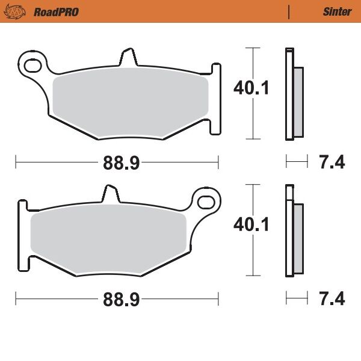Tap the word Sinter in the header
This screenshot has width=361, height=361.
point(337,11)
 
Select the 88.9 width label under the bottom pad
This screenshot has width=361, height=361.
point(116,298)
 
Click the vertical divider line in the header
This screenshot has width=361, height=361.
point(289,11)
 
